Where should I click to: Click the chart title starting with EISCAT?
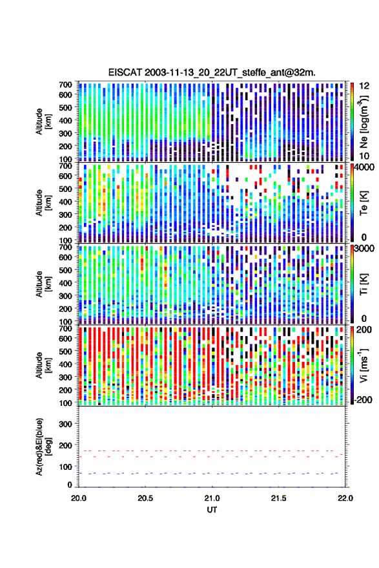(x=212, y=72)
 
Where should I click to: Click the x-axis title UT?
(x=212, y=510)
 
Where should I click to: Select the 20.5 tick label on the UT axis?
(x=145, y=498)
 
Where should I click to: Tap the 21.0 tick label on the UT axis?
(x=212, y=498)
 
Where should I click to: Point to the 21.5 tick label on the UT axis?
(x=278, y=498)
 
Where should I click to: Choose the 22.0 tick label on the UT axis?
(x=345, y=498)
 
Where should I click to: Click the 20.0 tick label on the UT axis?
(x=79, y=498)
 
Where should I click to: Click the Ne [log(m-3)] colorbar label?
(x=364, y=121)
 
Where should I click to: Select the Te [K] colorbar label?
(x=364, y=203)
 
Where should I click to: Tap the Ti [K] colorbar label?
(x=364, y=284)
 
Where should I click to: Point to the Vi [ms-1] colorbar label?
(x=364, y=365)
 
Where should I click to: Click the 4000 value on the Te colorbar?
(x=365, y=168)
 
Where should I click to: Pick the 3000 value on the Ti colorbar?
(x=365, y=249)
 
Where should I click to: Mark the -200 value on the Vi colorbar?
(x=364, y=399)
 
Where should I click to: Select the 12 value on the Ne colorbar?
(x=364, y=86)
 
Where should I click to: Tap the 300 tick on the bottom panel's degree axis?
(x=65, y=424)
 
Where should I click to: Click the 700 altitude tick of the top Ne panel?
(x=65, y=85)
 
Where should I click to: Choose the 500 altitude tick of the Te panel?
(x=65, y=189)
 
